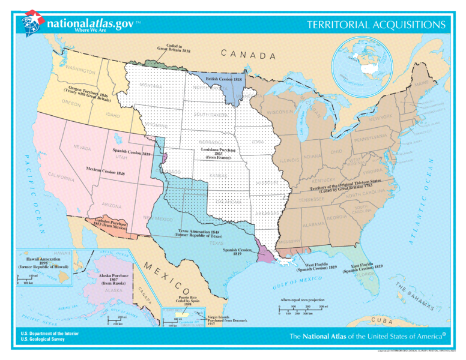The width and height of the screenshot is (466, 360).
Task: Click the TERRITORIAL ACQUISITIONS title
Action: click(377, 25)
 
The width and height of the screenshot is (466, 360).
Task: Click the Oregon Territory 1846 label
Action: click(88, 94)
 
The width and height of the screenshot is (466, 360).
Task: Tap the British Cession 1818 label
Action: click(224, 78)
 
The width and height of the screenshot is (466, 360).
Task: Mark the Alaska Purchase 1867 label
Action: click(113, 277)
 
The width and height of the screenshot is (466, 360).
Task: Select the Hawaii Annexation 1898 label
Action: click(43, 262)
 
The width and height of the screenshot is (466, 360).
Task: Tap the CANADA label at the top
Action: click(248, 55)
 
